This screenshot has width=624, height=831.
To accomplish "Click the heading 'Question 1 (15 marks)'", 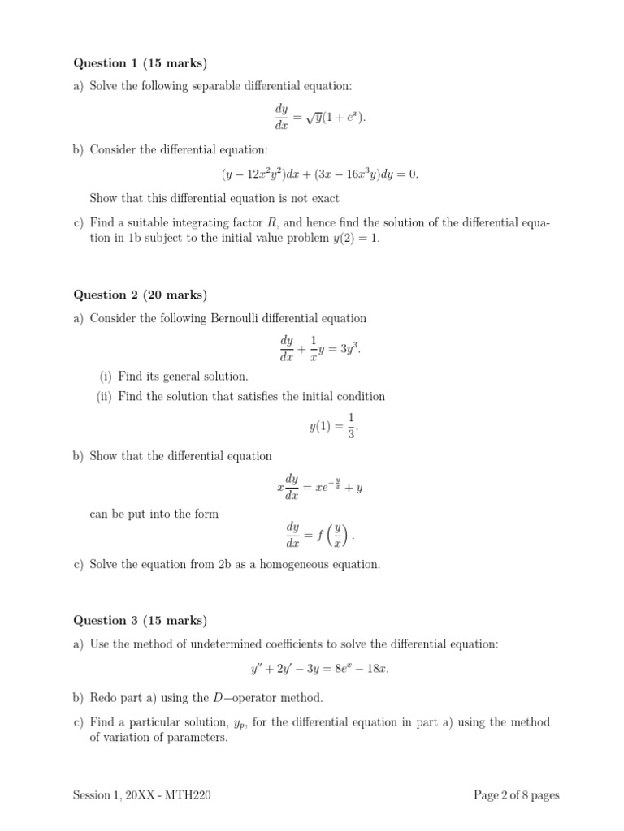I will point(141,62).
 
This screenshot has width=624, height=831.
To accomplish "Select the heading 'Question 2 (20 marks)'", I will point(141,295).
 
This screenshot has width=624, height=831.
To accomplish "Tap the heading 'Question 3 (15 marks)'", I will point(141,621).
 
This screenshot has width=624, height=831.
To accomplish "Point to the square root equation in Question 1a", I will point(320,118).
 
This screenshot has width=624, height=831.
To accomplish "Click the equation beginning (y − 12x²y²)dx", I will point(320,174).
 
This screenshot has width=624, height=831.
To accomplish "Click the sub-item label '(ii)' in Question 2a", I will point(106,397).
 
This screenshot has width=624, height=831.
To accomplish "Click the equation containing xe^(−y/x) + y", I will point(320,489).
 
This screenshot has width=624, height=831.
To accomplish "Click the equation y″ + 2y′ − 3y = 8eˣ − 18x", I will point(320,670).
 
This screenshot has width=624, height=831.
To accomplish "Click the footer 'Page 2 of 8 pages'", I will point(517,795).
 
